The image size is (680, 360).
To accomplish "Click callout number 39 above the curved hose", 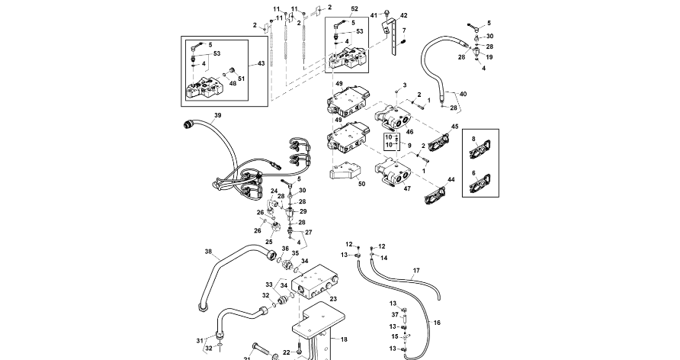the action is click(218, 115).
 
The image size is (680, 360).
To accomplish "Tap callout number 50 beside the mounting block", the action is click(361, 184).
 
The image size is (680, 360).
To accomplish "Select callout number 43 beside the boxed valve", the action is click(261, 63).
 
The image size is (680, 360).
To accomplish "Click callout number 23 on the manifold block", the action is click(333, 298).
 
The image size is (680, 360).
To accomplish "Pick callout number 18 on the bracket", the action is click(344, 339).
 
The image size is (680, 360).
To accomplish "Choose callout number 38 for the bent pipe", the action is click(208, 251).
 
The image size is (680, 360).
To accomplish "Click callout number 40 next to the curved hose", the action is click(463, 94).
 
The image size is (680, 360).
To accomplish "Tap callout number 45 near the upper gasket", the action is click(454, 126).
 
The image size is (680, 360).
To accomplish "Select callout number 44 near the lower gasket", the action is click(451, 179).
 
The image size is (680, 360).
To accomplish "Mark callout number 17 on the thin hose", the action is click(416, 271).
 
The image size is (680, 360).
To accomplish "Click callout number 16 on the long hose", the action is click(437, 323).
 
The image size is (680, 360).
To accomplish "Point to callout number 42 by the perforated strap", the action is click(404, 15).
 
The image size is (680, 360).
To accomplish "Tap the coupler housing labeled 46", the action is click(393, 117).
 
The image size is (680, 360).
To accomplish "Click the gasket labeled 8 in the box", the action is click(480, 149).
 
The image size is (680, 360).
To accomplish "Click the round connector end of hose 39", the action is click(188, 125).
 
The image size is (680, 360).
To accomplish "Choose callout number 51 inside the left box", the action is click(241, 79).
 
